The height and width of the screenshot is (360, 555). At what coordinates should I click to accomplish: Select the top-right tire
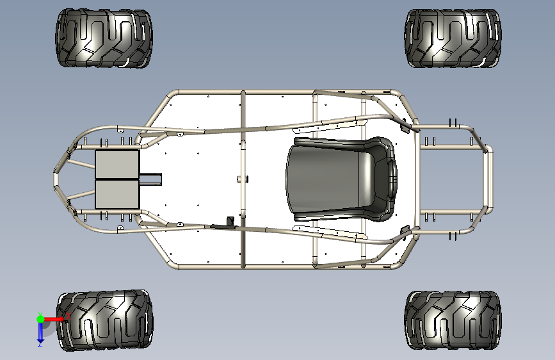pos(453,38)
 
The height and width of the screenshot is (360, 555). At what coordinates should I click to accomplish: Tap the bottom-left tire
pos(104,320)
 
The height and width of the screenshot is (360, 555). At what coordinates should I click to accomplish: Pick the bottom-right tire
pos(452,320)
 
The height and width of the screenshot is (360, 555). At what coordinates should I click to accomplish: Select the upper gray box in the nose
pos(117,165)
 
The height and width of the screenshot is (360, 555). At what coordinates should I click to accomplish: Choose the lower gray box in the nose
pos(117,193)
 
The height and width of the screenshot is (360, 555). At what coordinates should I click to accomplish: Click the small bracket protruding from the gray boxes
pos(152,179)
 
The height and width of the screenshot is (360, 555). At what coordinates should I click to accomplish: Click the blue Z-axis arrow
pos(40,331)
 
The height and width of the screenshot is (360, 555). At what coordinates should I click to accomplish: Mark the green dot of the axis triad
pos(40,318)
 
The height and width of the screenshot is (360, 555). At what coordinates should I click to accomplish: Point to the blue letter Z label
pos(40,345)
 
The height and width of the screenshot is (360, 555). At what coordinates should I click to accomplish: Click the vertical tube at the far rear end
pos(488,179)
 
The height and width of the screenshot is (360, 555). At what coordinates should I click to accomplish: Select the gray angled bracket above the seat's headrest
pos(404,127)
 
